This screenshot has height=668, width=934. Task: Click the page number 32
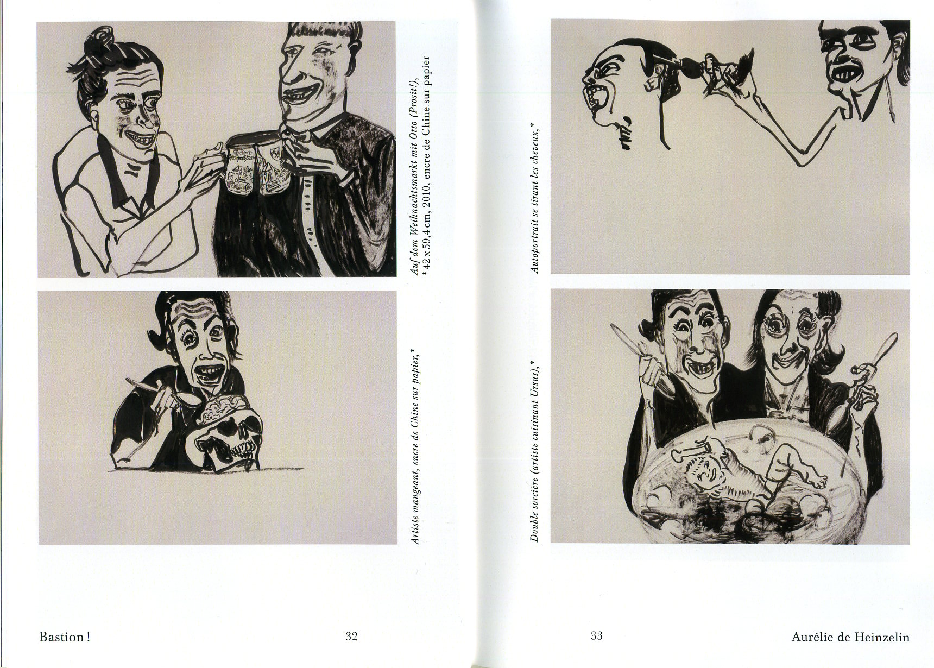351,636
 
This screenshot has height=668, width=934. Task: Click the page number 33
596,636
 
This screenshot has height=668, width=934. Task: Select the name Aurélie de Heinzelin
850,637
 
